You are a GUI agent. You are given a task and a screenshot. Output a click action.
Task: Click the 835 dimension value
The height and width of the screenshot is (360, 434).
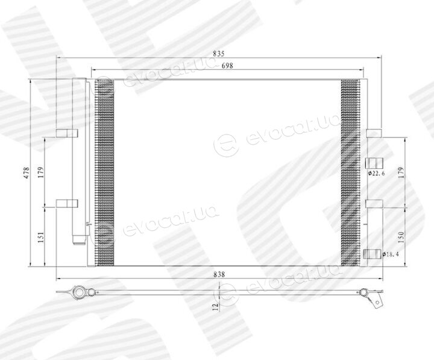(x=218, y=54)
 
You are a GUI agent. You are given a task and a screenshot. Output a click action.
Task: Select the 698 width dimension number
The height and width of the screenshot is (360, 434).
(x=227, y=66)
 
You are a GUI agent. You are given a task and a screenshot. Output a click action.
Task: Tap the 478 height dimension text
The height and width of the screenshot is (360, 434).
(x=27, y=172)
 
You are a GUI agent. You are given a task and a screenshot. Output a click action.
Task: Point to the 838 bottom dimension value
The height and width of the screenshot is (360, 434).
(x=219, y=274)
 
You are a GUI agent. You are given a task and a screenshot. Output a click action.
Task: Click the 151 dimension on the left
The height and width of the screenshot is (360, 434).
(x=41, y=238)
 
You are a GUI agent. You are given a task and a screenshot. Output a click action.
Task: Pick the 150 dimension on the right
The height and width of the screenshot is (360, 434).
(x=401, y=238)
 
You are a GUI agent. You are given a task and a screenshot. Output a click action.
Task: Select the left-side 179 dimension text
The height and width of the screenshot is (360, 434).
(x=41, y=172)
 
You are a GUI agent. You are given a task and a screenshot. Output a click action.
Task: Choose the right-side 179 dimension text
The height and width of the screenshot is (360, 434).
(x=401, y=172)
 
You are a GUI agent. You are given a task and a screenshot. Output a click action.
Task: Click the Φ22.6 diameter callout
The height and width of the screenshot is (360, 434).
(x=376, y=173)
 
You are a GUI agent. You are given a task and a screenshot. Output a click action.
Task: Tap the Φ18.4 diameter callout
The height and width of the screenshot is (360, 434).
(x=391, y=254)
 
